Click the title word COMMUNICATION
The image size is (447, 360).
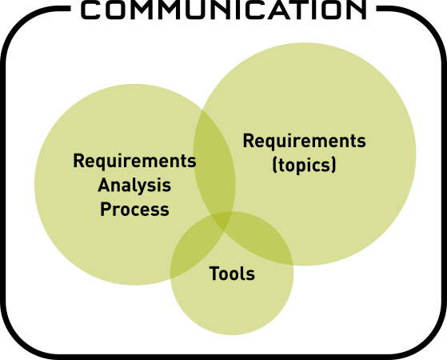pos(224,10)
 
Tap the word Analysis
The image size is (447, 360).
pos(134,186)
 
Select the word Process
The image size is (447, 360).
pos(134,210)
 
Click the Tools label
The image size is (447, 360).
pos(232,274)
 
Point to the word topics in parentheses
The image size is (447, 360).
pos(305,166)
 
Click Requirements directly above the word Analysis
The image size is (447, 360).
pos(134,161)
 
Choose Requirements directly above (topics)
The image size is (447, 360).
pos(304,141)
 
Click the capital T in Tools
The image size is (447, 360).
pos(214,274)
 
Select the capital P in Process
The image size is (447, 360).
pos(106,209)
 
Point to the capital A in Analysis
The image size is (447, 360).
pos(104,185)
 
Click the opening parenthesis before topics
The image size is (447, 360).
pos(275,165)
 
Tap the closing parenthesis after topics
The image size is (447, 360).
pos(333,165)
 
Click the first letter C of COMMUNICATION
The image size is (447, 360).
pos(90,10)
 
